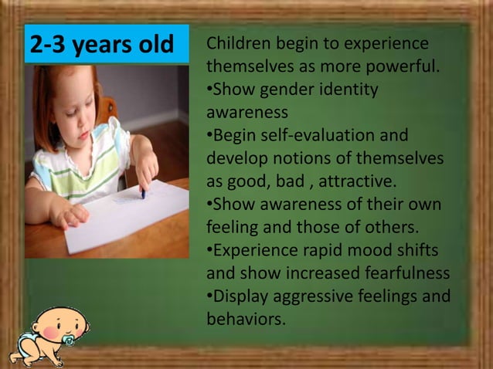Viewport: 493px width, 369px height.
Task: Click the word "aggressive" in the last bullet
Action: [x=314, y=296]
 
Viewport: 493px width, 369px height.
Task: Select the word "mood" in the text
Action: [x=375, y=251]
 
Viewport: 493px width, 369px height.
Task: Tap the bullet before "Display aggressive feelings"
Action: [x=209, y=296]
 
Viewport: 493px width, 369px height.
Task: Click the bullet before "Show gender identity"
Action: [x=209, y=90]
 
